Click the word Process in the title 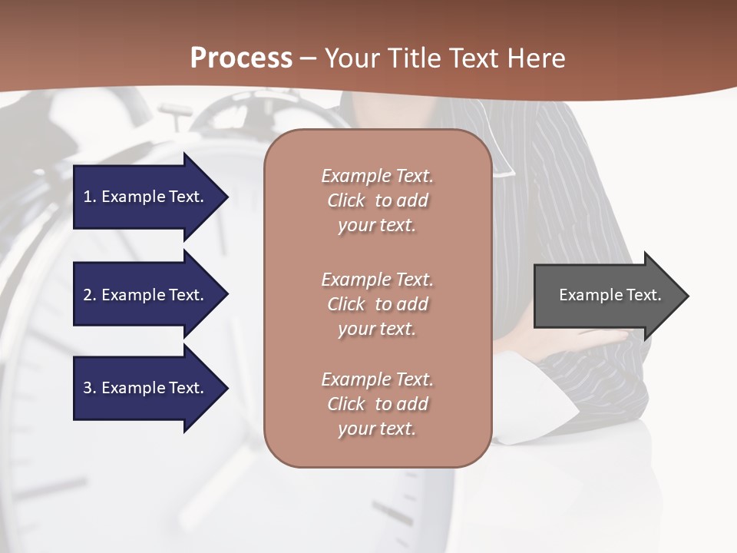[241, 58]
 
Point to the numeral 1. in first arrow [90, 197]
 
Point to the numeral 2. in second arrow [90, 295]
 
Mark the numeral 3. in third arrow [90, 388]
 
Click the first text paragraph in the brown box [377, 200]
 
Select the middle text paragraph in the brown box [377, 303]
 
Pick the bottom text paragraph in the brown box [377, 404]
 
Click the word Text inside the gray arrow [643, 295]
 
